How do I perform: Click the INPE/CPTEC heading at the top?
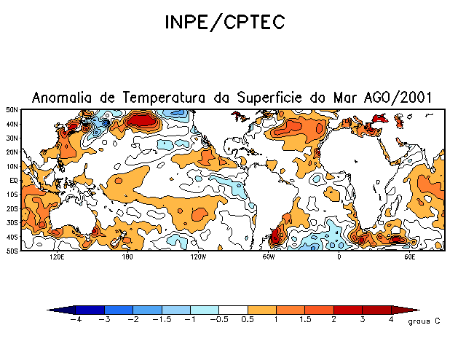[233, 25]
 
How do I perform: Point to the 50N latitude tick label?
[12, 109]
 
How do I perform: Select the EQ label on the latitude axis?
[14, 180]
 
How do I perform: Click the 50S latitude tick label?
[12, 251]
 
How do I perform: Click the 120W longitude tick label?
[197, 257]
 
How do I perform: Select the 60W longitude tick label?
[268, 257]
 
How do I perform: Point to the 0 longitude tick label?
[339, 257]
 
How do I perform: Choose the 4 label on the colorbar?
[391, 319]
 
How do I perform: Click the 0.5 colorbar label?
[248, 319]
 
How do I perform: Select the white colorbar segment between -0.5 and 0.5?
[233, 310]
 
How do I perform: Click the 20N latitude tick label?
[12, 152]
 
